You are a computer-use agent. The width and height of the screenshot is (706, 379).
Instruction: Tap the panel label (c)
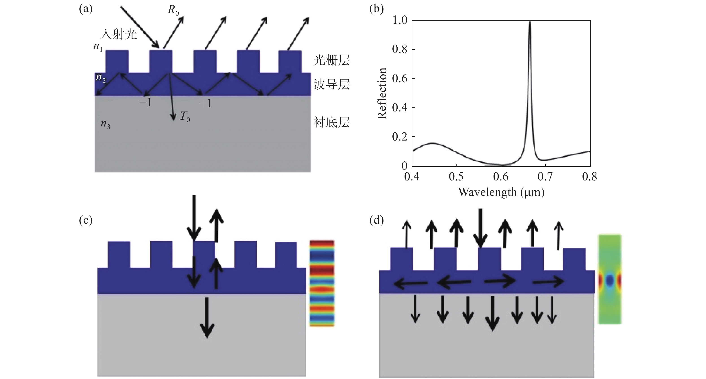pyautogui.click(x=86, y=220)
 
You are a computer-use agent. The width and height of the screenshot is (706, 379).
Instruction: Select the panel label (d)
pyautogui.click(x=377, y=220)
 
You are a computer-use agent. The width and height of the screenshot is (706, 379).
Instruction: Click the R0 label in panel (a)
pyautogui.click(x=173, y=11)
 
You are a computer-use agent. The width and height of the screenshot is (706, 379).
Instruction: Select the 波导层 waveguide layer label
pyautogui.click(x=332, y=84)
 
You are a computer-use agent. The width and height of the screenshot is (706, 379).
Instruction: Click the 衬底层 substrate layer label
pyautogui.click(x=332, y=122)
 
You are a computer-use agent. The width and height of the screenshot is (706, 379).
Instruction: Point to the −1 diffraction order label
pyautogui.click(x=145, y=102)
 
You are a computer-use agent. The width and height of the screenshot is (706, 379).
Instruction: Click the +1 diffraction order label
pyautogui.click(x=206, y=103)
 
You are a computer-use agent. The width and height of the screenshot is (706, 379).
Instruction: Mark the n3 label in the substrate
pyautogui.click(x=106, y=124)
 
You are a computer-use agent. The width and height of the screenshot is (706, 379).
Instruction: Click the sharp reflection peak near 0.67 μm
pyautogui.click(x=530, y=23)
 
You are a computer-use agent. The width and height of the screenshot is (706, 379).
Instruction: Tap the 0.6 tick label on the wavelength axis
pyautogui.click(x=501, y=177)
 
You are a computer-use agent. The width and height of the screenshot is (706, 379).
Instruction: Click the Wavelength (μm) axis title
pyautogui.click(x=501, y=192)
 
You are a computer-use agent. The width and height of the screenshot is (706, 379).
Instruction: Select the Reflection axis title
pyautogui.click(x=382, y=93)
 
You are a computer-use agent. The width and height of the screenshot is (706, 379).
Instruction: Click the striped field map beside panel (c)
pyautogui.click(x=322, y=283)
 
